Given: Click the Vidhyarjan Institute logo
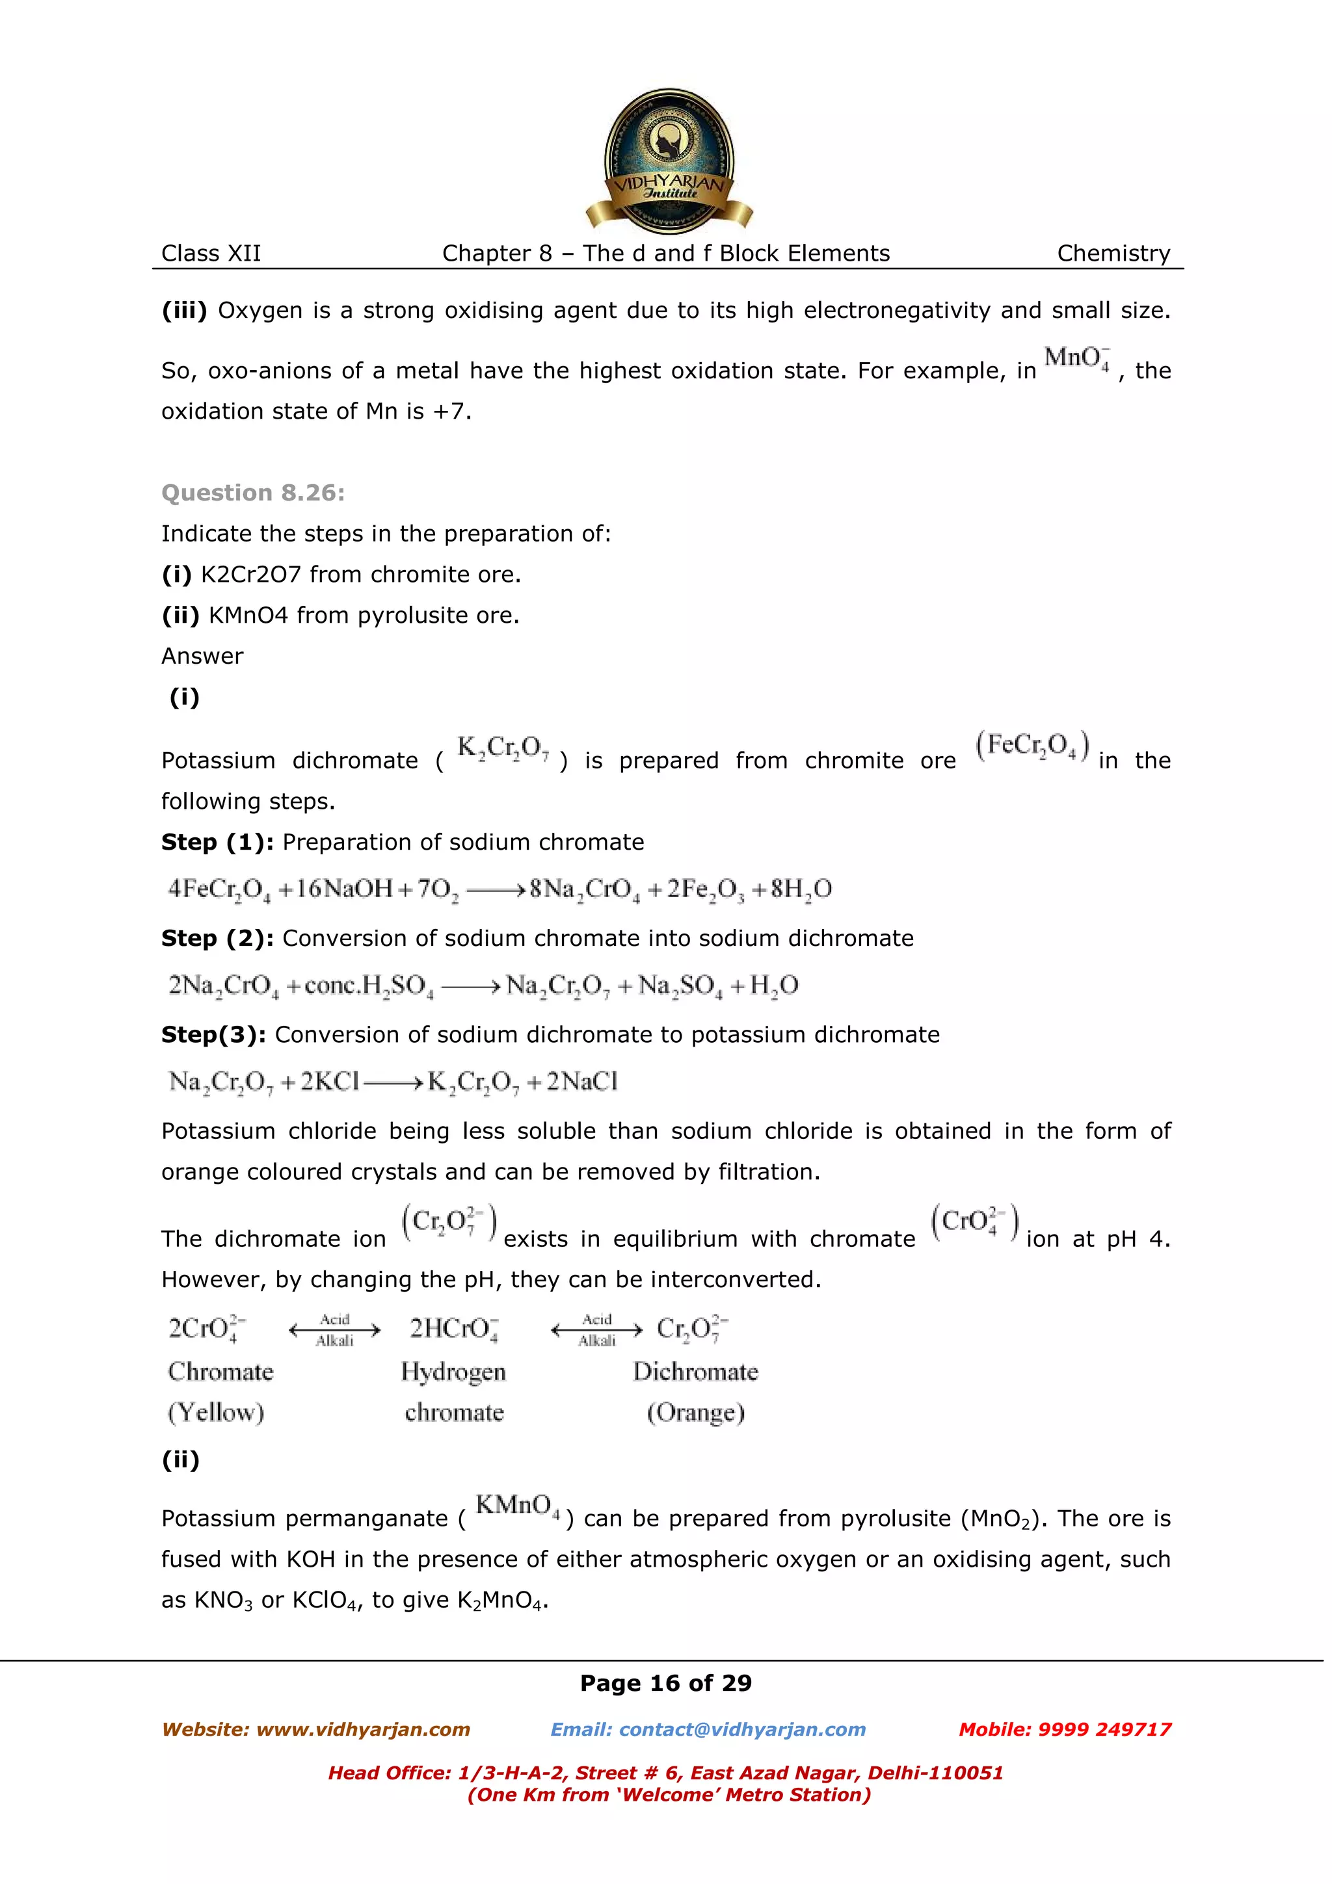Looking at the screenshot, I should (x=669, y=160).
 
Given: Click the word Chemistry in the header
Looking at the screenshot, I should (x=1113, y=254).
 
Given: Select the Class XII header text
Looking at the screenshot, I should (x=211, y=254).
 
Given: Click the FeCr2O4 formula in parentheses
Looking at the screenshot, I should (x=1032, y=746).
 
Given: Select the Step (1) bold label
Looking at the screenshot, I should (x=217, y=843).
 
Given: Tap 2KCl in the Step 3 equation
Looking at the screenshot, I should (x=329, y=1082).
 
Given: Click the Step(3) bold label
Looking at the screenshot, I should (x=213, y=1035).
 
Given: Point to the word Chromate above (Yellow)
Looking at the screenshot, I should (x=220, y=1372).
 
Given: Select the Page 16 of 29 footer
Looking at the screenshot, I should (x=665, y=1683).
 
